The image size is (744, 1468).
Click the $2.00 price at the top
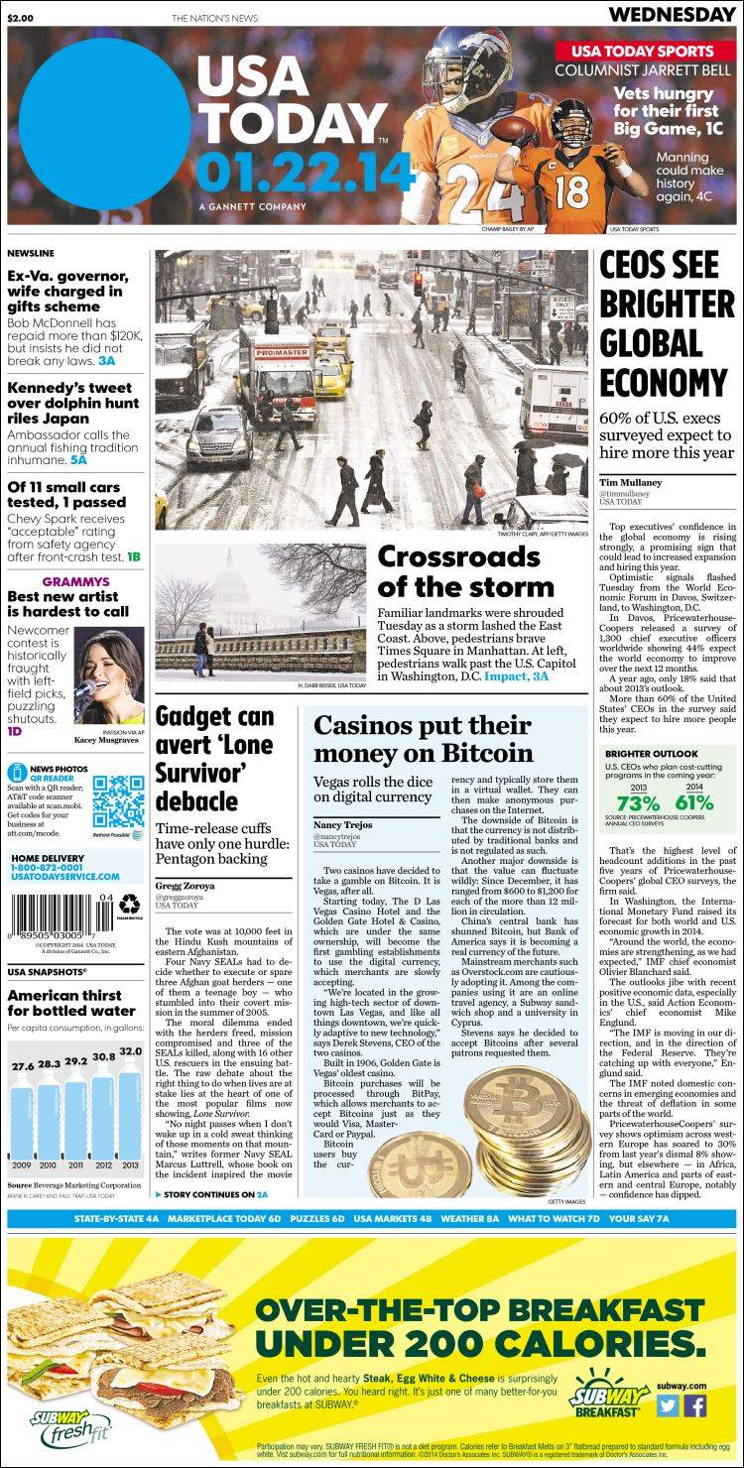pos(22,17)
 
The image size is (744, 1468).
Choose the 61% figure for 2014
pos(694,802)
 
